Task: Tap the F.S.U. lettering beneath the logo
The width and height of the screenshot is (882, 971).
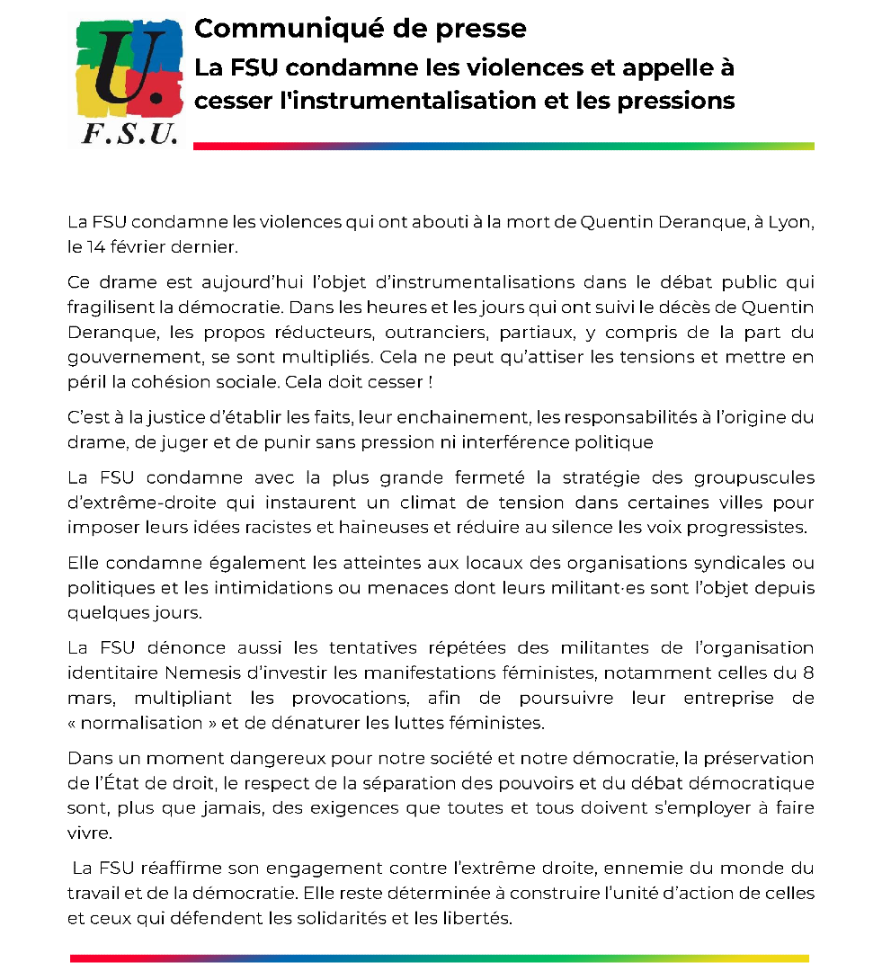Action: point(128,134)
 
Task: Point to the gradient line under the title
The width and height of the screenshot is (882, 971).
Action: point(503,146)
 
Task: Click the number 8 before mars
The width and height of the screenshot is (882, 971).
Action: point(808,672)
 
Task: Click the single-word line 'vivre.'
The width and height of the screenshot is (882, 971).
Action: point(90,832)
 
